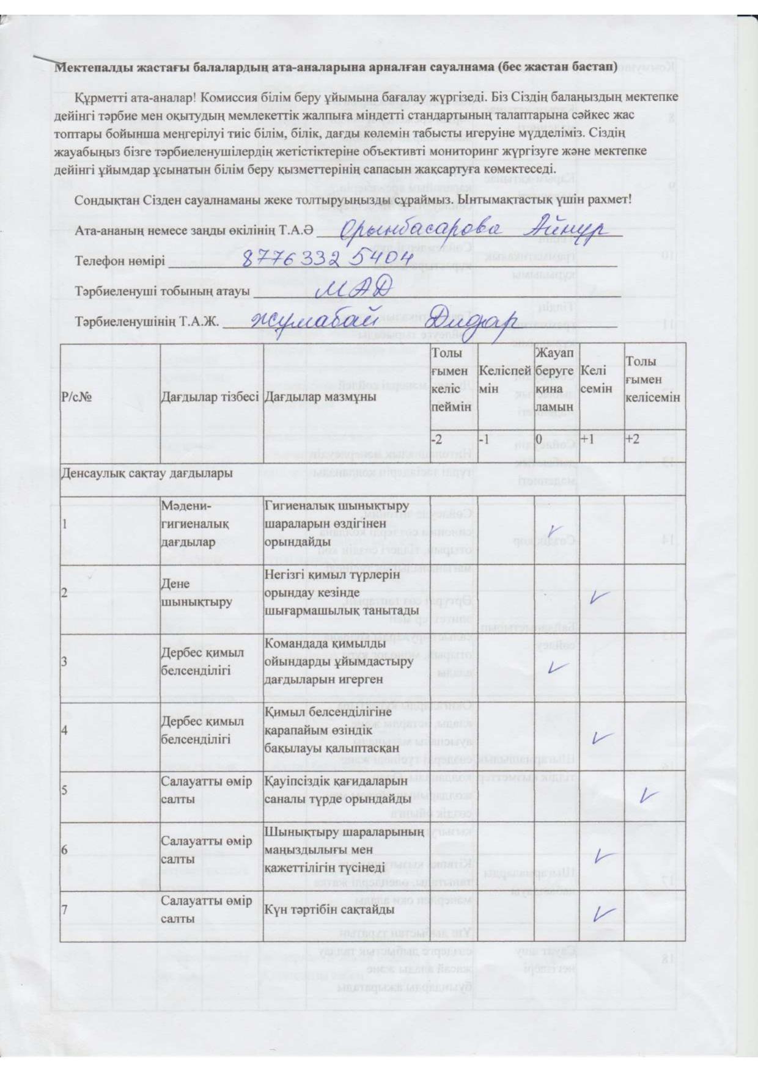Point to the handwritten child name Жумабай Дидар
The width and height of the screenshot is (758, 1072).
(x=384, y=318)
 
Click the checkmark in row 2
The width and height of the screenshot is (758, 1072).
(x=600, y=597)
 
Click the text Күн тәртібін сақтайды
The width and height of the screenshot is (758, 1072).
(x=329, y=909)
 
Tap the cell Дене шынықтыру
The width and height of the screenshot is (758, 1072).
(x=188, y=592)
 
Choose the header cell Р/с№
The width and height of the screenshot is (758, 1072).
(x=77, y=396)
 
